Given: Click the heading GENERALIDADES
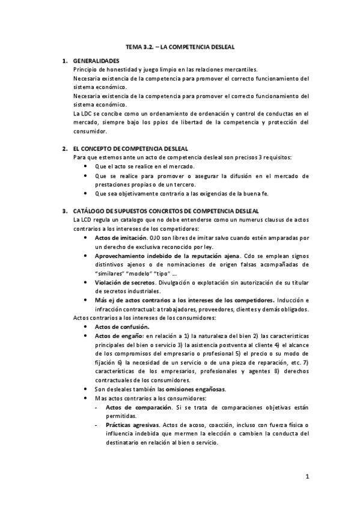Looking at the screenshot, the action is coord(96,61).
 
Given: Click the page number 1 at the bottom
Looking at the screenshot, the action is coord(307,478).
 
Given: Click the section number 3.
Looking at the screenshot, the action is coord(64,211).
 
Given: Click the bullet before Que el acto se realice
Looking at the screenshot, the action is coord(88,166).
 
